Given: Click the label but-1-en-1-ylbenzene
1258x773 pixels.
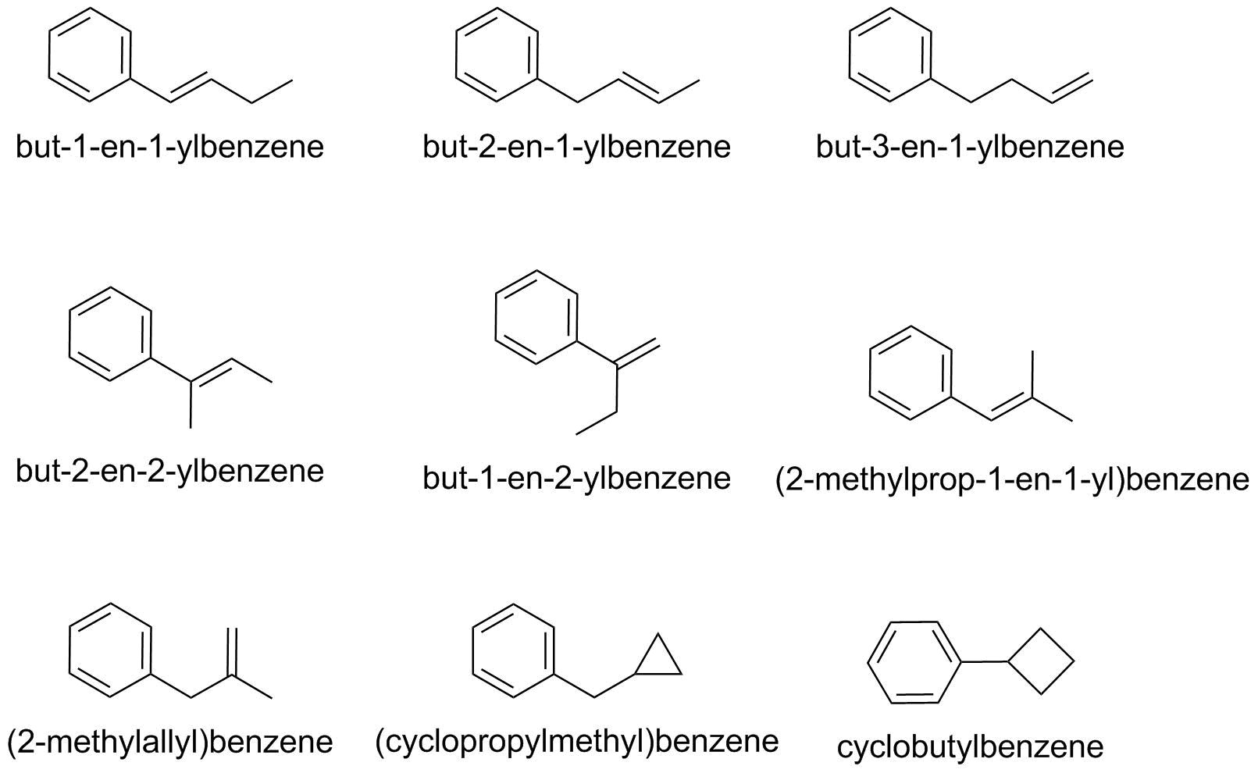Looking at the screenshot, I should coord(169,147).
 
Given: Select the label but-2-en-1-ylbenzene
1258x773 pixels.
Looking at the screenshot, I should coord(576,147).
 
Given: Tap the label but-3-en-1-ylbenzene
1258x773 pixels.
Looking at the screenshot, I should coord(970,147).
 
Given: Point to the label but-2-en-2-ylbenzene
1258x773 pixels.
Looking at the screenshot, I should coord(169,471).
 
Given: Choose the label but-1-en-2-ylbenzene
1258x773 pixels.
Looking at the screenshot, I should coord(576,478).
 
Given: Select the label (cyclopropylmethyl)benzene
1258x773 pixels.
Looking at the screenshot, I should coord(576,740).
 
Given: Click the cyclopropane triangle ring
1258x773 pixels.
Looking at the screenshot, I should coord(658,660).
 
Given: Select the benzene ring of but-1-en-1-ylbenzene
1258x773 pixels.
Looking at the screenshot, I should coord(89,55).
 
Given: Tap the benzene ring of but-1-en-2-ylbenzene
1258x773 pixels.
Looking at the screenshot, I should coord(536,316).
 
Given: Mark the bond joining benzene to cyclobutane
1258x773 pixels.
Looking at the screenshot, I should coord(984,661).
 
